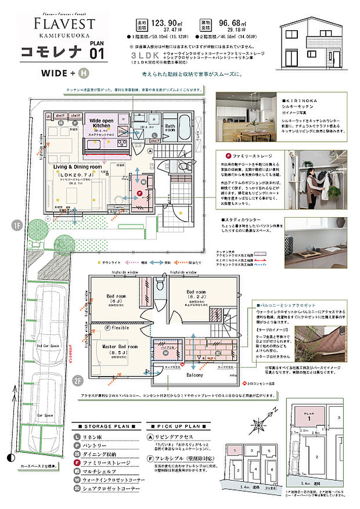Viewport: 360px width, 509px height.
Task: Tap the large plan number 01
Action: tap(97, 53)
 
